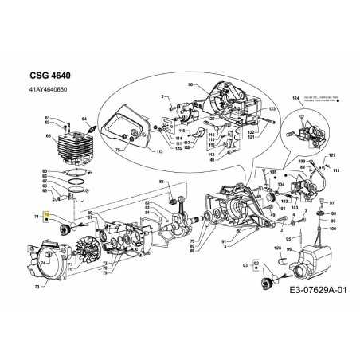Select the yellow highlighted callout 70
[47, 215]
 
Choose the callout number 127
[332, 155]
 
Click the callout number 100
[332, 229]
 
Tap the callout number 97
[332, 203]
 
